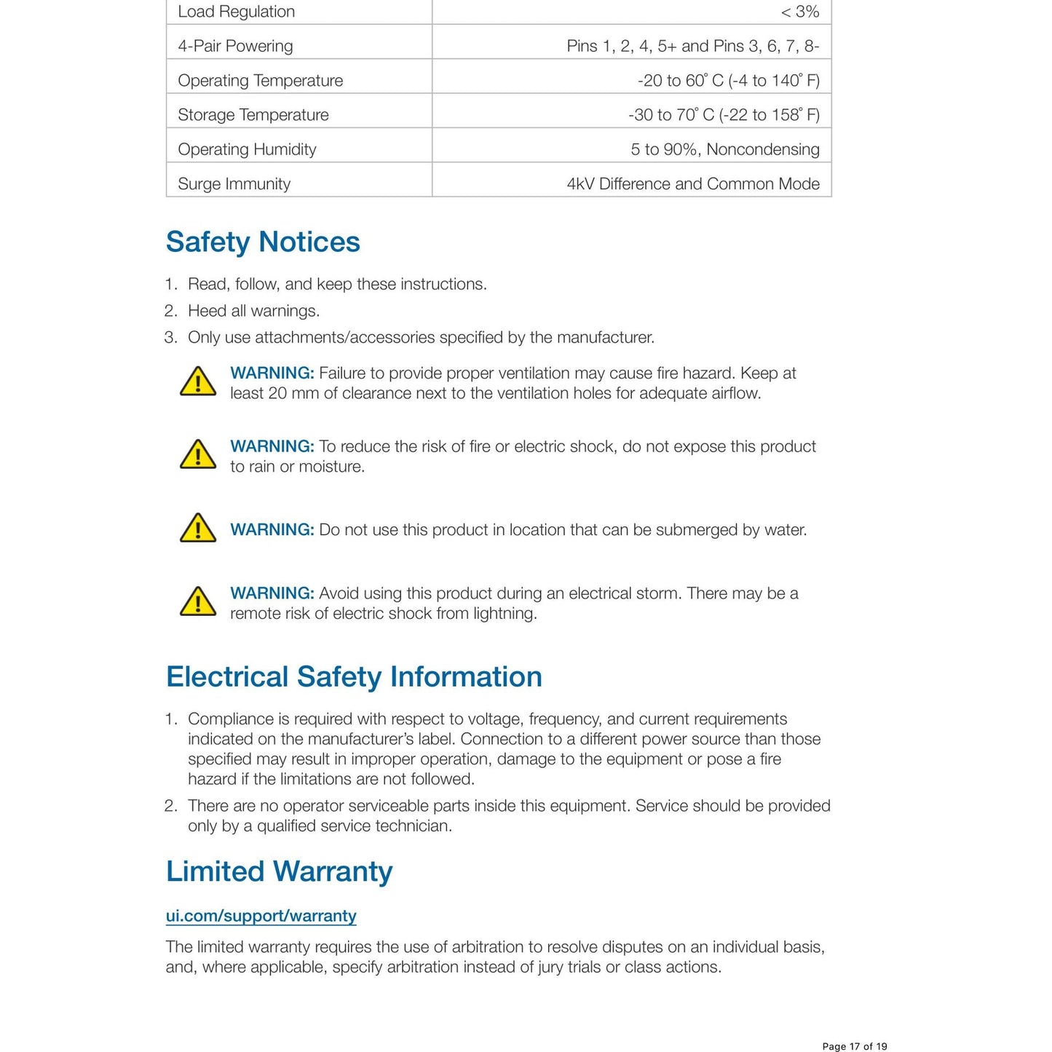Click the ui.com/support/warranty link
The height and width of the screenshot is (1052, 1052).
(x=261, y=915)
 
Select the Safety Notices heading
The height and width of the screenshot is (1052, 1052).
(x=263, y=242)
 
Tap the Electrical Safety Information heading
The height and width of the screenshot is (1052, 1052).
(x=354, y=676)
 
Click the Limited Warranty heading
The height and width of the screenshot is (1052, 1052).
(x=279, y=871)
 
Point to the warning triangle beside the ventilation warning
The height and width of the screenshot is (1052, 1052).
(x=198, y=381)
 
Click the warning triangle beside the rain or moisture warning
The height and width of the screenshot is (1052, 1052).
(x=198, y=455)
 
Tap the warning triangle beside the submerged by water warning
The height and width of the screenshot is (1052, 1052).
(x=198, y=529)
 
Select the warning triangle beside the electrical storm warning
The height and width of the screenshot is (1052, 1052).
(x=198, y=602)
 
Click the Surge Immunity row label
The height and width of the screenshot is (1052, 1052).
(x=234, y=183)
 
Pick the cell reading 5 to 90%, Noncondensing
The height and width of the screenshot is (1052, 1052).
(x=724, y=149)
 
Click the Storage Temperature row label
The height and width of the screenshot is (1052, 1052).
(x=253, y=115)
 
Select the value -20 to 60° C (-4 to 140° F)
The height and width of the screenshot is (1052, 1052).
(x=728, y=80)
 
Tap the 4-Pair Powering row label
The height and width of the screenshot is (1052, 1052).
(x=235, y=46)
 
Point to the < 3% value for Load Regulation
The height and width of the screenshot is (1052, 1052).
(x=799, y=12)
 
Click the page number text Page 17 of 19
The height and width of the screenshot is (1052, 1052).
(x=854, y=1046)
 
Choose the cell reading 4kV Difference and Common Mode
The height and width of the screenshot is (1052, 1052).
(x=692, y=183)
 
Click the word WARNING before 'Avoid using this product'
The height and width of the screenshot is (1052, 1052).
(x=272, y=593)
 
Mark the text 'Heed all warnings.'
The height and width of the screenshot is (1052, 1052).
(x=253, y=311)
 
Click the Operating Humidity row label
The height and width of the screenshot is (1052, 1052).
(x=247, y=149)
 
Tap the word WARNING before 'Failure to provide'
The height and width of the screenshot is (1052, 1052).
(x=272, y=373)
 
